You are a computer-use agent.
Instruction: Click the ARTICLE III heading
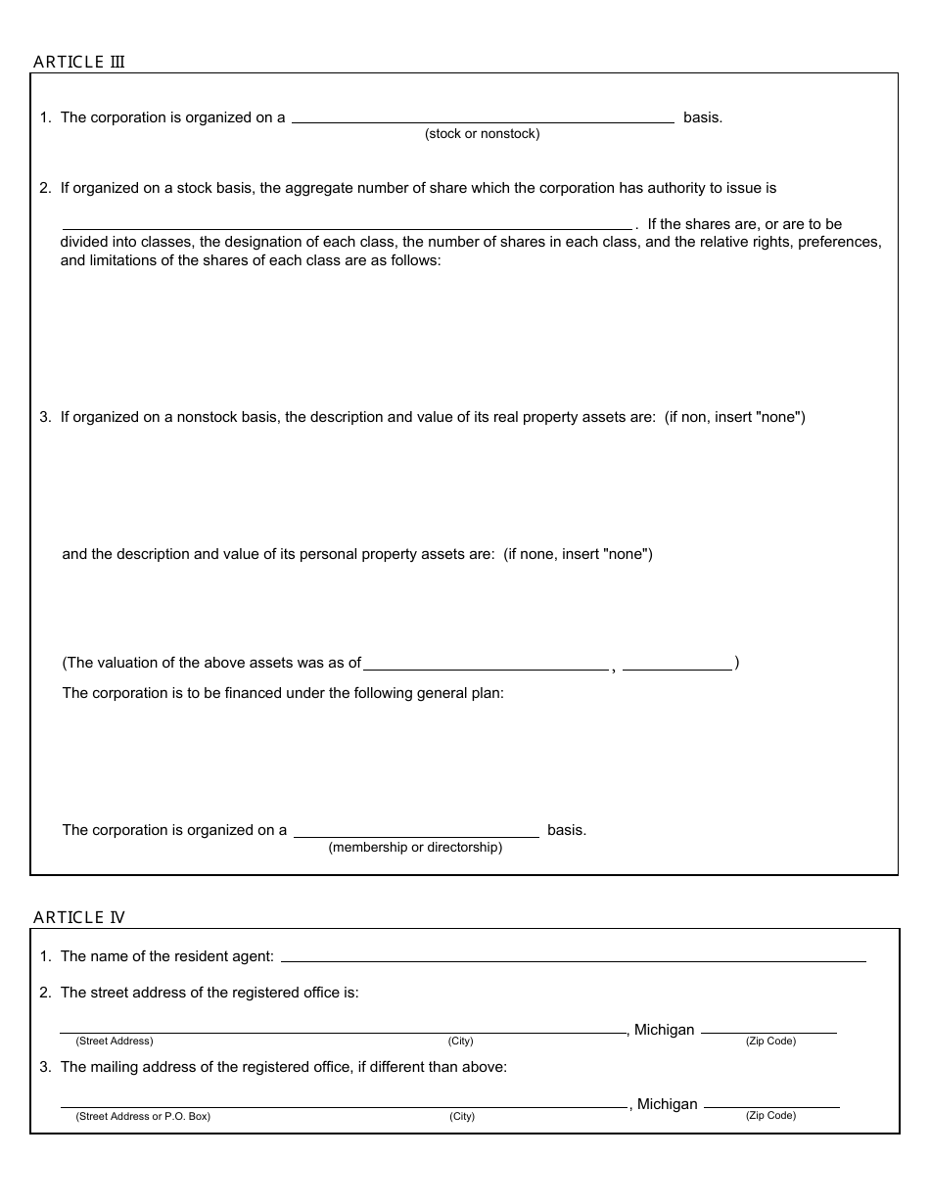(x=79, y=63)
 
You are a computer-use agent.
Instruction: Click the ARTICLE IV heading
(x=79, y=917)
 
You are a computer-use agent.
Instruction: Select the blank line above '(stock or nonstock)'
(x=483, y=117)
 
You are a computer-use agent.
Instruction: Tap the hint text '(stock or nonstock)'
(x=482, y=134)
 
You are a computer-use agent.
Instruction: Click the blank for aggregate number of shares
(x=347, y=223)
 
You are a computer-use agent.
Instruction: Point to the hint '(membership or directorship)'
(x=415, y=848)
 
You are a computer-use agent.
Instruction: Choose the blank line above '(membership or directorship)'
(x=416, y=831)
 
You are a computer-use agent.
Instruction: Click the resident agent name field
(x=573, y=956)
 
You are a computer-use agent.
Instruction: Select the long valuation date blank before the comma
(x=486, y=664)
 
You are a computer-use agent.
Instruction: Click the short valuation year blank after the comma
(x=677, y=664)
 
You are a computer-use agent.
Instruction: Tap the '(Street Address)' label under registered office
(x=115, y=1042)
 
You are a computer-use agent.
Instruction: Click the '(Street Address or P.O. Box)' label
(x=143, y=1116)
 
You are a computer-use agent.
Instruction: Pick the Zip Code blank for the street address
(x=769, y=1028)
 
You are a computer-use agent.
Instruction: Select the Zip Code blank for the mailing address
(x=771, y=1102)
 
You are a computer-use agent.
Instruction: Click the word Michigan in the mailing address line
(x=668, y=1104)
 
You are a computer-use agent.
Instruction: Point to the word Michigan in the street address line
(x=665, y=1030)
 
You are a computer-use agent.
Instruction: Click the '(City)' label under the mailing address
(x=462, y=1116)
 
